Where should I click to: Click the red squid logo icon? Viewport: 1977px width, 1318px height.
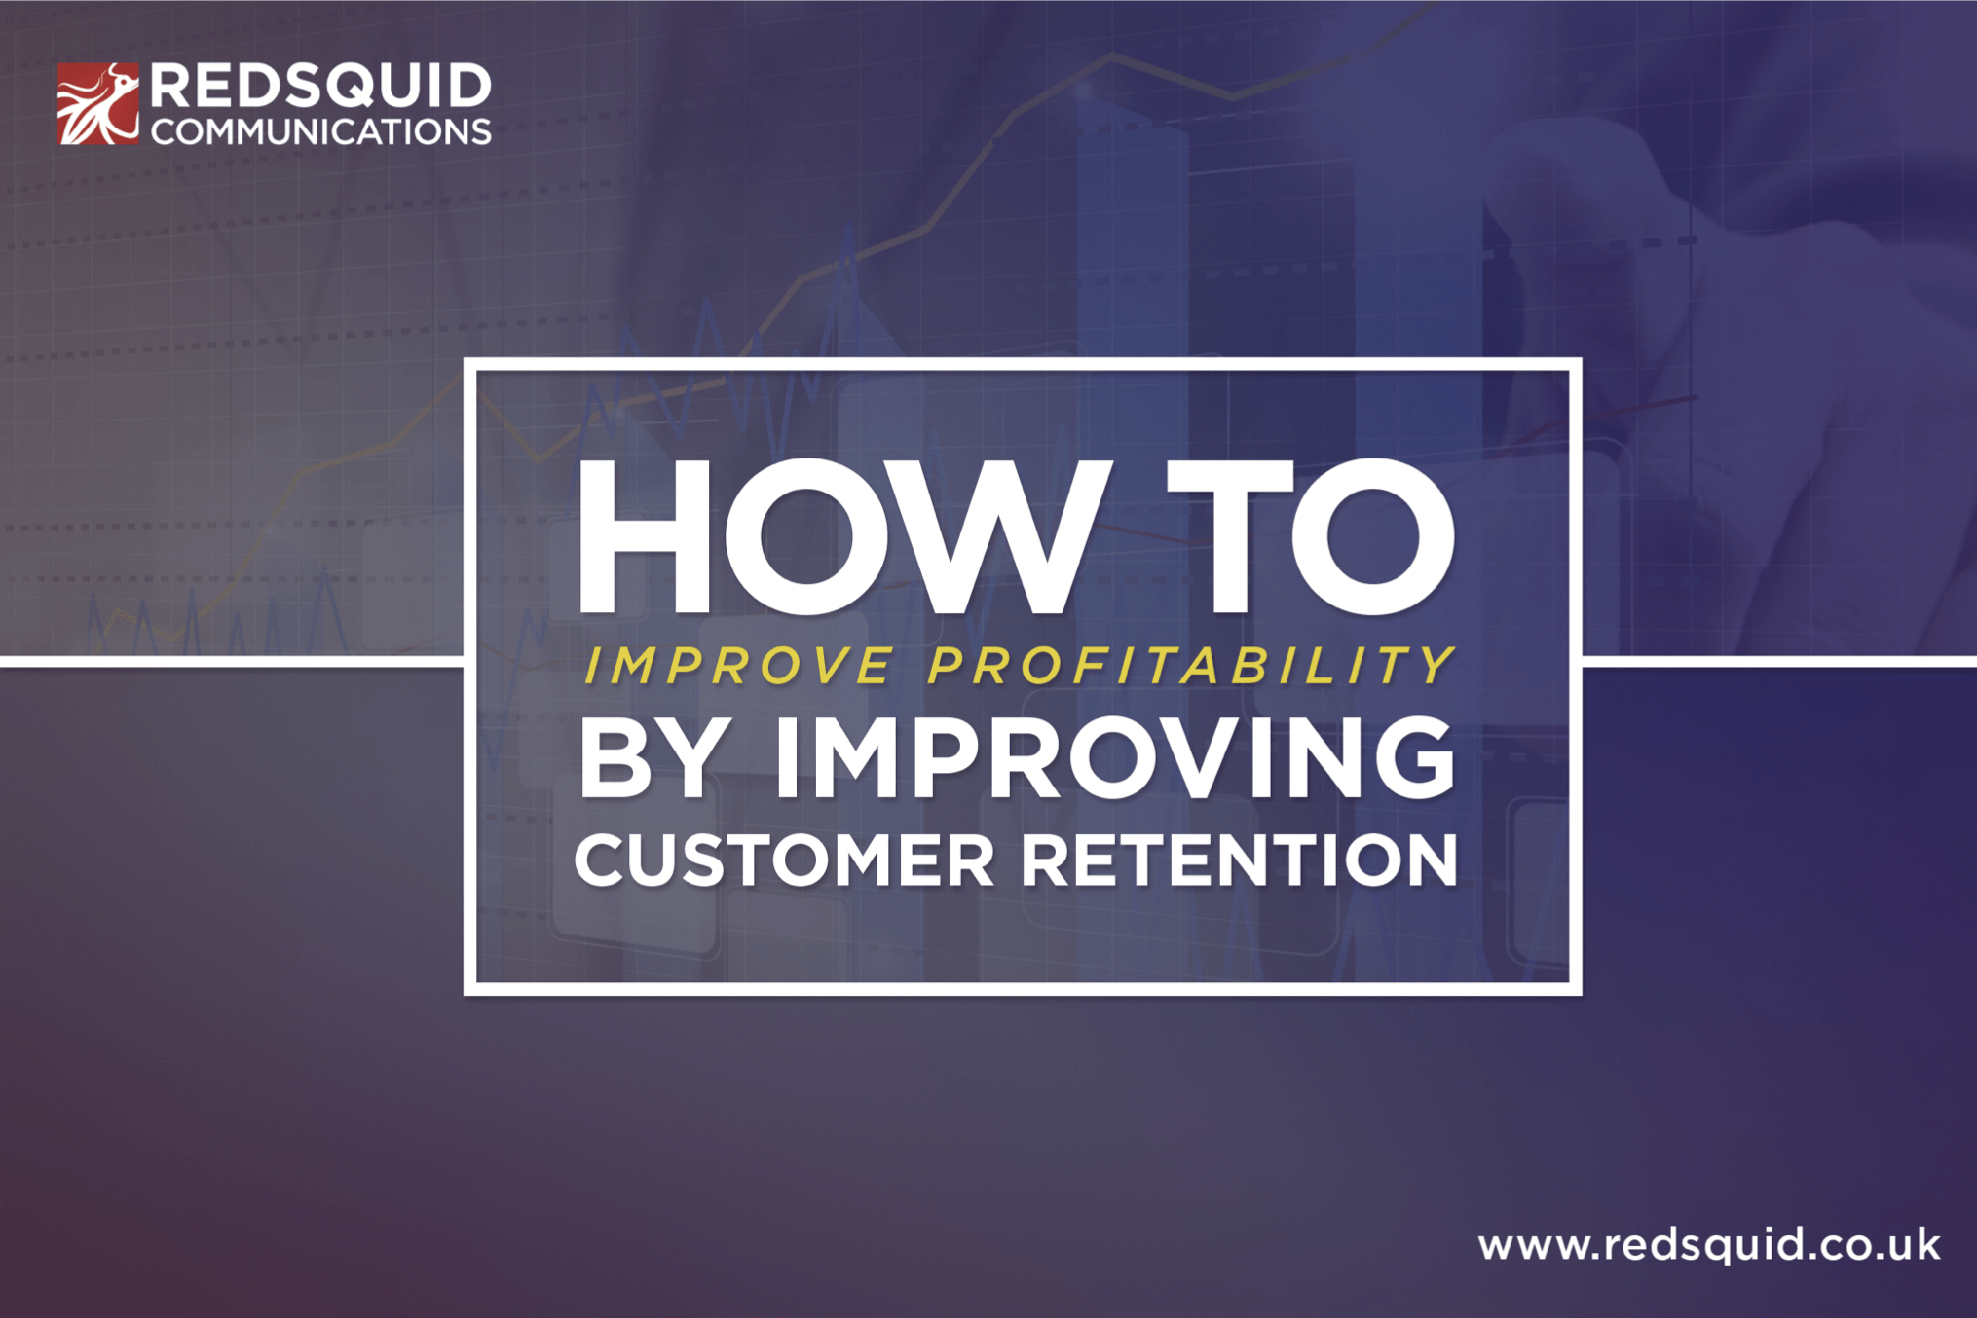pyautogui.click(x=97, y=103)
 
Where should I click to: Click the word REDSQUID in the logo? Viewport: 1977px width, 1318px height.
pyautogui.click(x=320, y=87)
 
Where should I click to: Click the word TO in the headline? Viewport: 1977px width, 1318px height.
pyautogui.click(x=1310, y=537)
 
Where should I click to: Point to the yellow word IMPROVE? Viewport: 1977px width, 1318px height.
pyautogui.click(x=738, y=666)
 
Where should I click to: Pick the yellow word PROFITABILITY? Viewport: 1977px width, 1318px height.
pyautogui.click(x=1190, y=666)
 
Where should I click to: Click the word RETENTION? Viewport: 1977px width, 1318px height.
pyautogui.click(x=1239, y=860)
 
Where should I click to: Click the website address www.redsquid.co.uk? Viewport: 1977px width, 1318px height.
pyautogui.click(x=1708, y=1245)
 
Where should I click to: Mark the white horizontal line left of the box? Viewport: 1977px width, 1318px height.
pyautogui.click(x=232, y=662)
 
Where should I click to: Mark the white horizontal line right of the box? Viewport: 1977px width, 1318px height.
pyautogui.click(x=1778, y=662)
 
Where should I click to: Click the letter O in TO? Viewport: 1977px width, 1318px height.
pyautogui.click(x=1373, y=537)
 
